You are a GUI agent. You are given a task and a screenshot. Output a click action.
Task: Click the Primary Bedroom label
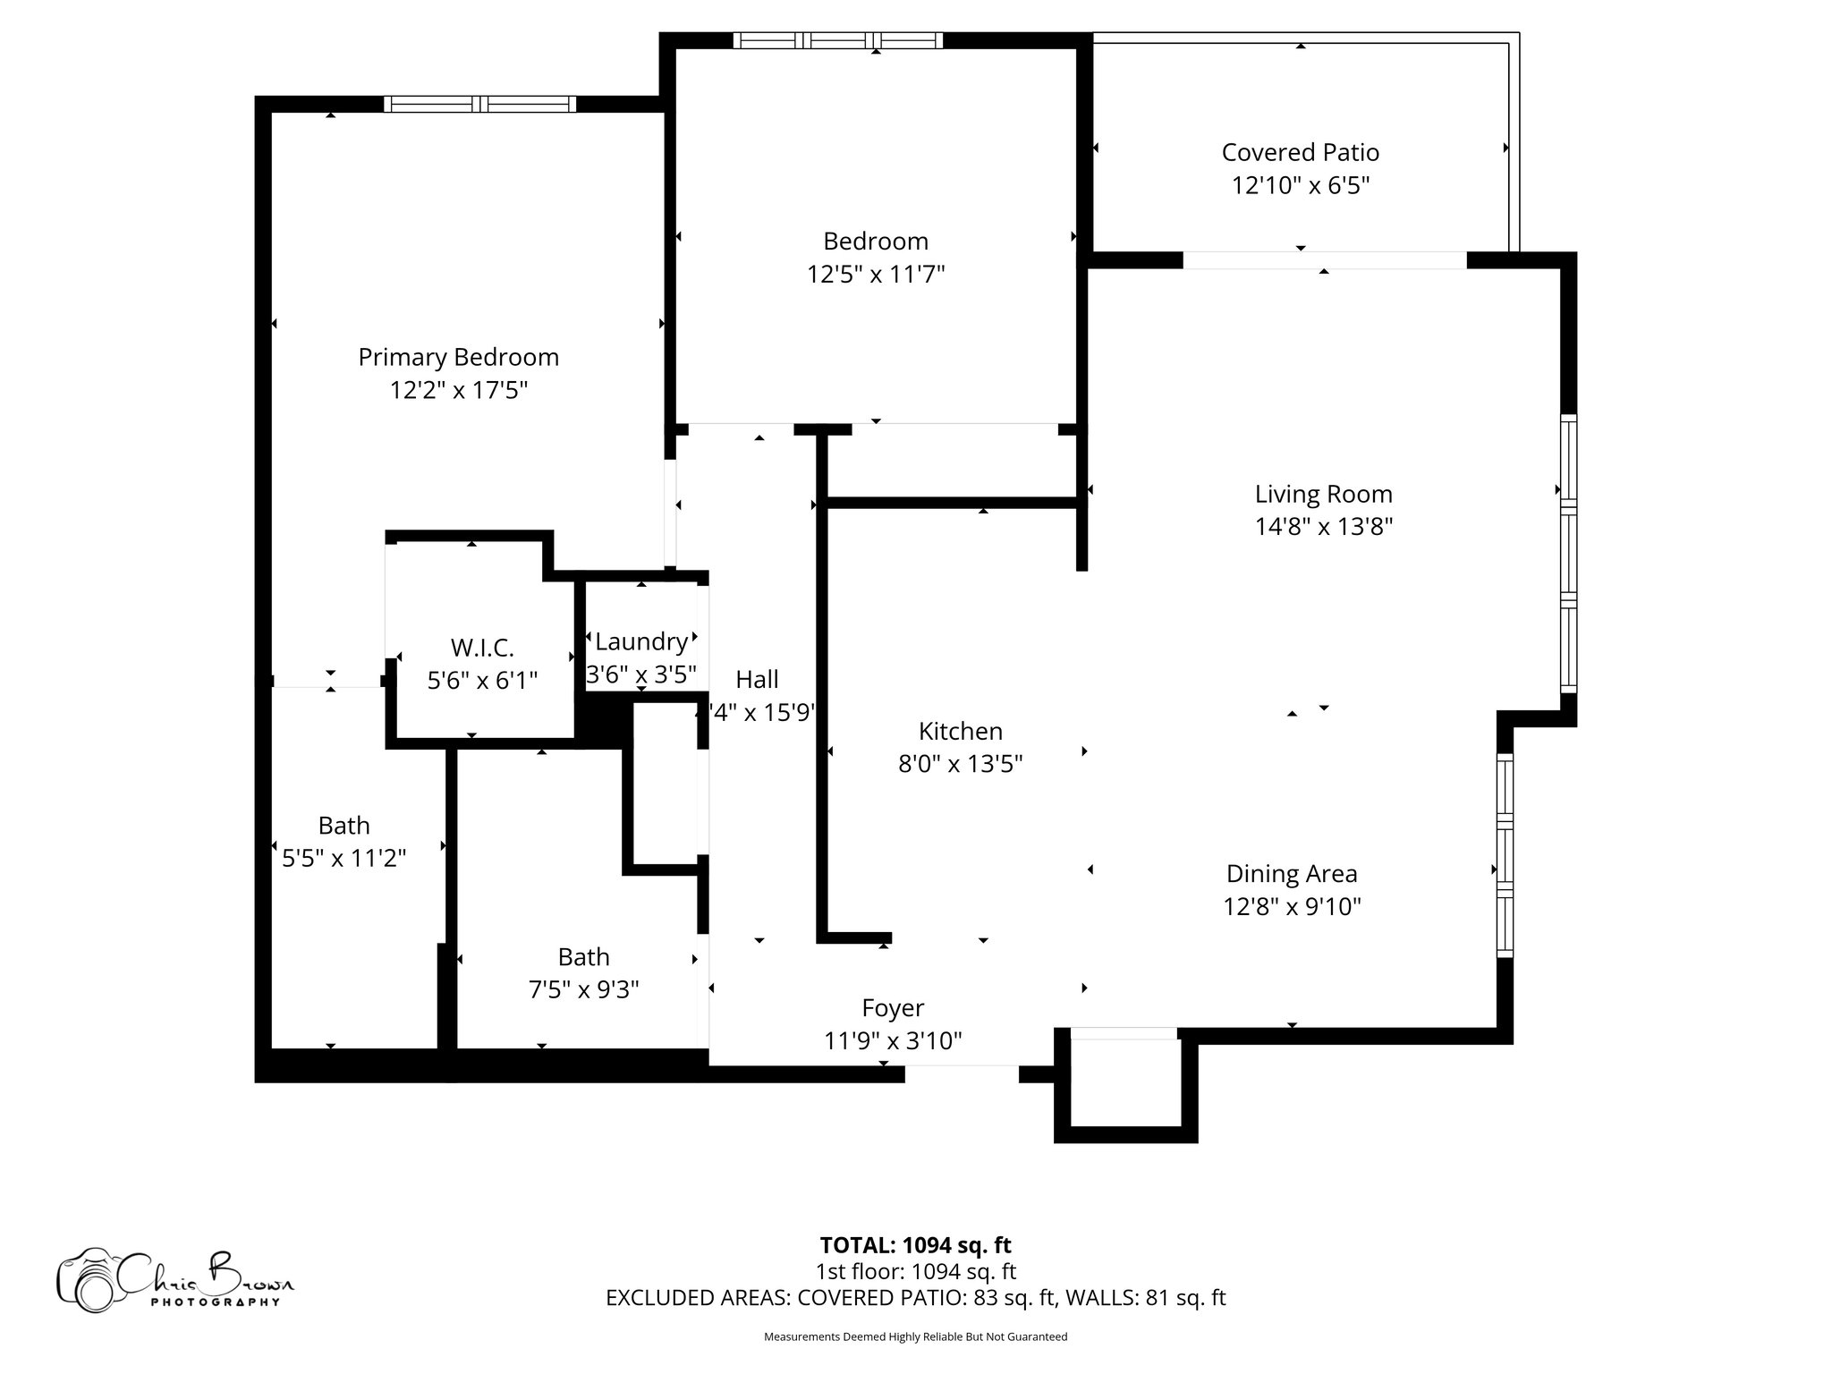pos(458,357)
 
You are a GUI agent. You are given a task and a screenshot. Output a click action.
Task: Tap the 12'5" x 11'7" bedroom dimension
pos(876,274)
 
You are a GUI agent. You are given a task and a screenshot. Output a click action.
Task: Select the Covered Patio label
pos(1300,152)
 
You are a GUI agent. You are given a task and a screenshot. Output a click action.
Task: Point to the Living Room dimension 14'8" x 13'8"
pos(1323,526)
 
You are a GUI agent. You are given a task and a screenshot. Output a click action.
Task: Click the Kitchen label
pos(960,731)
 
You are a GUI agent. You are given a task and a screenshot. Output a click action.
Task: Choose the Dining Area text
pos(1291,873)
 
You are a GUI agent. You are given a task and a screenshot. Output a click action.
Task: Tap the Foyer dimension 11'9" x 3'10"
pos(892,1040)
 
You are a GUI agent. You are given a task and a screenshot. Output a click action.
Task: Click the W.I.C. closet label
pos(482,647)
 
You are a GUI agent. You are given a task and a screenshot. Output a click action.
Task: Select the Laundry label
pos(640,641)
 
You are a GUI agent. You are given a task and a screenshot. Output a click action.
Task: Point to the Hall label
pos(757,679)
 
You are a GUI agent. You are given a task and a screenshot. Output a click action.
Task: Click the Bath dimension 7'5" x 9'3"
pos(583,989)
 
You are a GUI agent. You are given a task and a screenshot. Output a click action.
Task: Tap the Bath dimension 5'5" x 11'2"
pos(343,858)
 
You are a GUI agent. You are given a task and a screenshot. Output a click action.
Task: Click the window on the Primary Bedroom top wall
pos(480,104)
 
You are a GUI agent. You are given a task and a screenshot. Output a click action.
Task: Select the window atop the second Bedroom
pos(838,40)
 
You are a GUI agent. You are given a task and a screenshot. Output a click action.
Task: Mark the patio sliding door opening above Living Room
pos(1324,260)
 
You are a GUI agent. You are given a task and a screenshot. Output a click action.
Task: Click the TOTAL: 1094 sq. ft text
pos(915,1244)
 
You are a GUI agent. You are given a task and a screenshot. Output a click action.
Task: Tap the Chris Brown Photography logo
pos(174,1279)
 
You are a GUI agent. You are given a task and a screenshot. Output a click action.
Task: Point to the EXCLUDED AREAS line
pos(915,1297)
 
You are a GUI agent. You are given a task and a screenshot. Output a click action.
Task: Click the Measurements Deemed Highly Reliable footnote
pos(915,1336)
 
